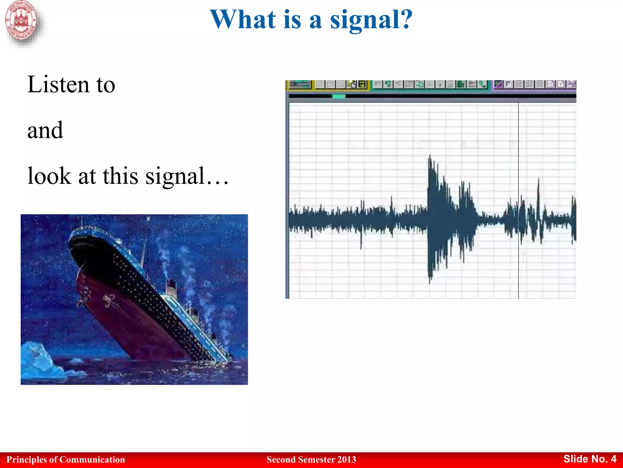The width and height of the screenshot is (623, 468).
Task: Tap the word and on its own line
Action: click(x=45, y=130)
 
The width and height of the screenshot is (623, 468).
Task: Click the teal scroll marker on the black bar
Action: click(x=339, y=96)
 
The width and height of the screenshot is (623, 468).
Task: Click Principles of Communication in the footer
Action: click(x=65, y=459)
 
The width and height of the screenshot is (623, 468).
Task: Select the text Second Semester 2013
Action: click(x=311, y=459)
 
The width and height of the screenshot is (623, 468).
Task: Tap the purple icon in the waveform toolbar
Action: click(x=498, y=84)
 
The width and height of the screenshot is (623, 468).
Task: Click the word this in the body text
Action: click(x=120, y=176)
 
